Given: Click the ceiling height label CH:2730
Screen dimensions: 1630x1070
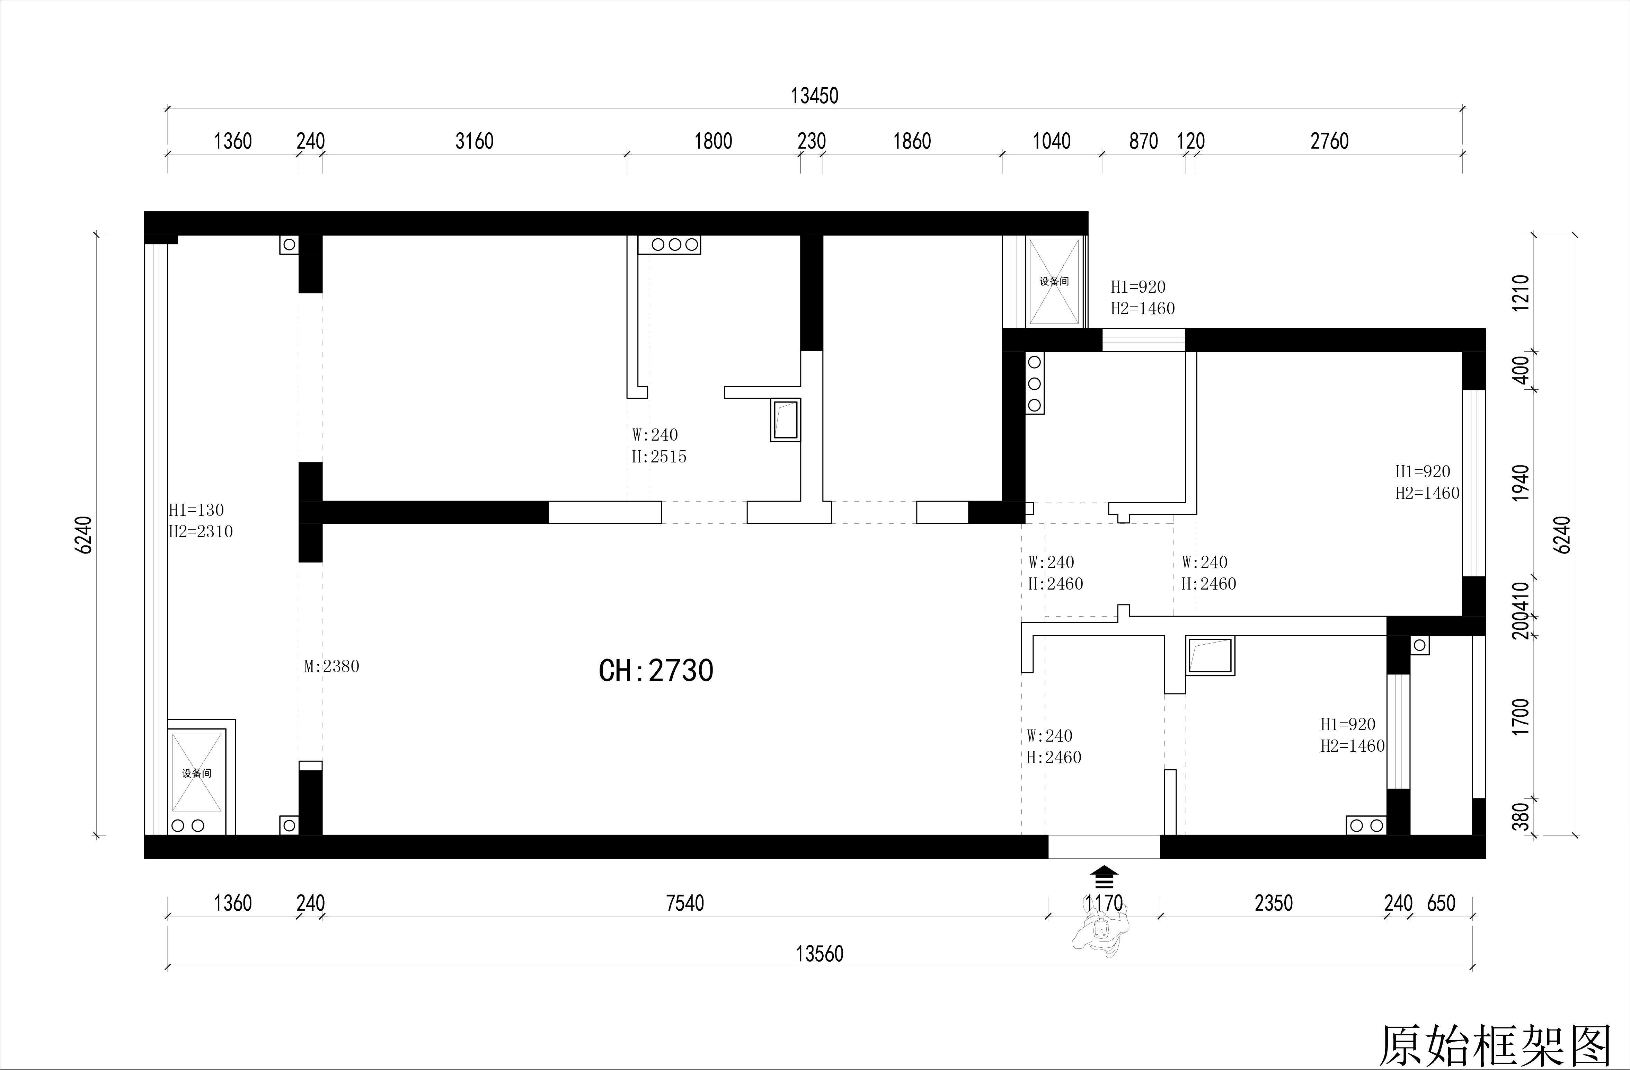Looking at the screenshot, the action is click(656, 671).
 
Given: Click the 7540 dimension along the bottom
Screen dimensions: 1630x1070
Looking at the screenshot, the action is click(685, 903).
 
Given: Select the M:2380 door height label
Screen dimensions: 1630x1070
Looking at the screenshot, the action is click(331, 666).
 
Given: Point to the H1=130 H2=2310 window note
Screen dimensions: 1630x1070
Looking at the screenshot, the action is click(201, 521).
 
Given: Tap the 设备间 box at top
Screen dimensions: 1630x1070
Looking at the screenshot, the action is click(1054, 281).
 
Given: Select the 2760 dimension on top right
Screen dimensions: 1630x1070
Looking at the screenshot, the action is click(1329, 141).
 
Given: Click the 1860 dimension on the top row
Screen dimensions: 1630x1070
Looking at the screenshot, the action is click(912, 141).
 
